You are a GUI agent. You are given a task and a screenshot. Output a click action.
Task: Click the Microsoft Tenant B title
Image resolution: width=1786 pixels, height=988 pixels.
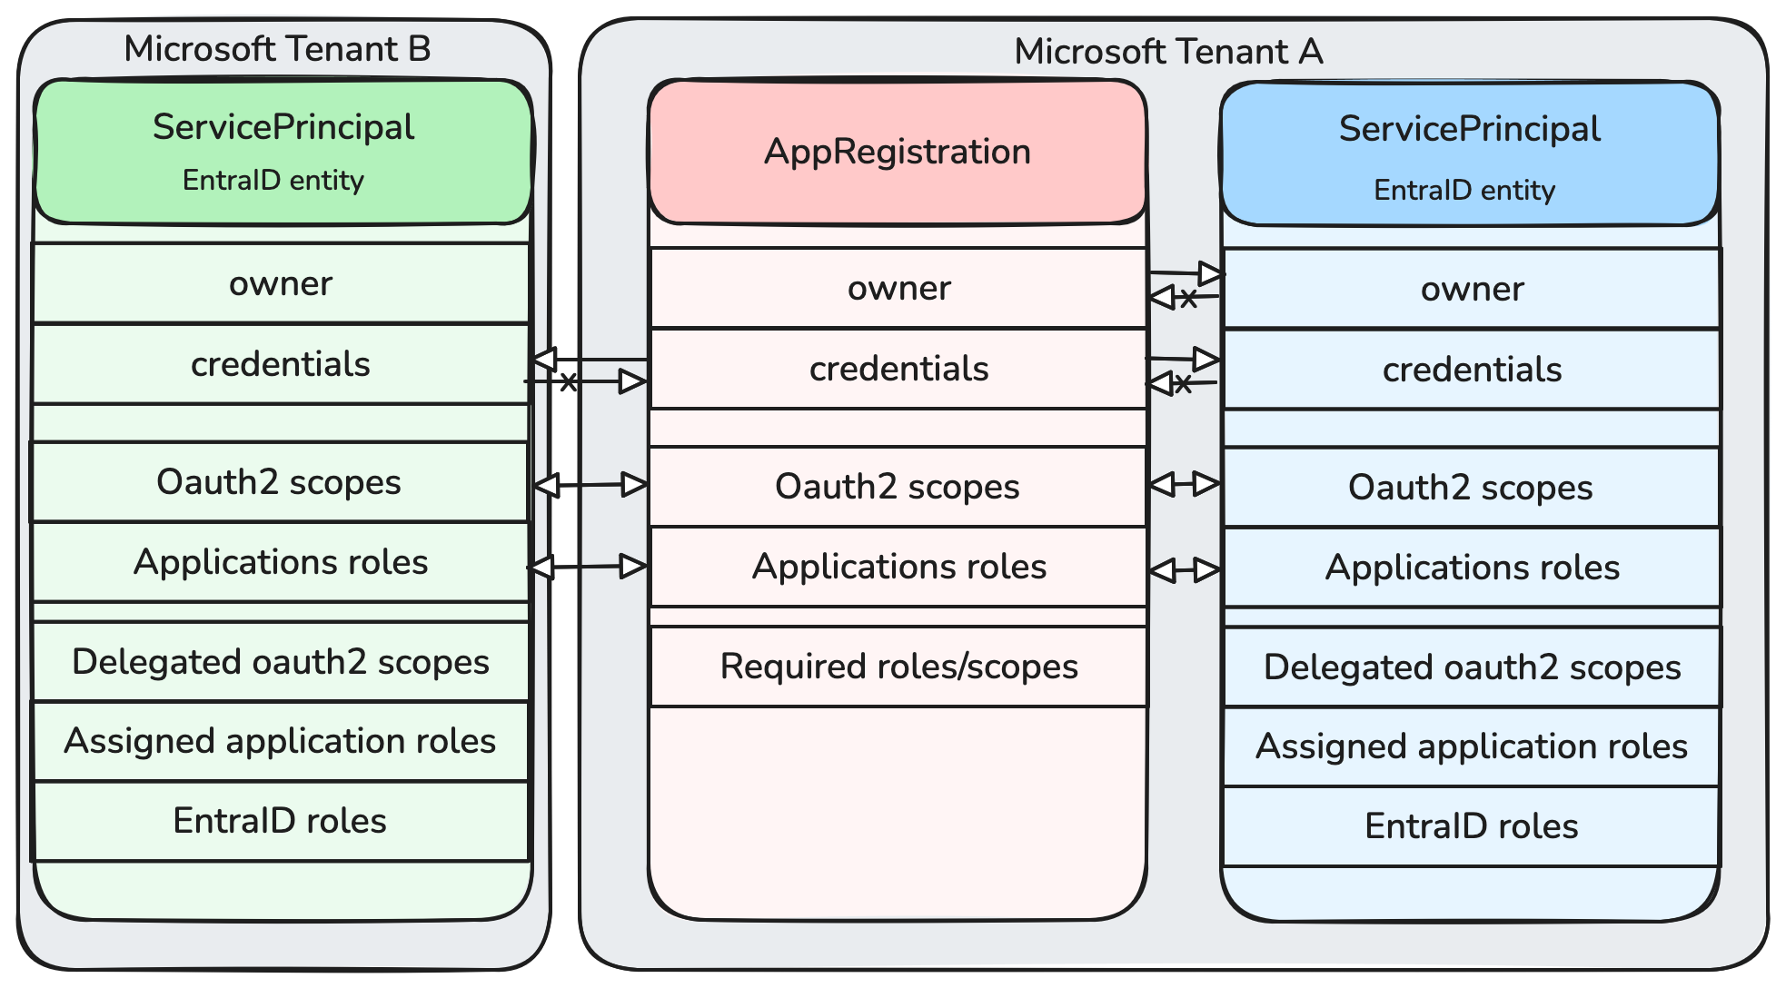(x=277, y=49)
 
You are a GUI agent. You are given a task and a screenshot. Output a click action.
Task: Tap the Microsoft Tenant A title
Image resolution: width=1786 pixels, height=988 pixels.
(x=1168, y=52)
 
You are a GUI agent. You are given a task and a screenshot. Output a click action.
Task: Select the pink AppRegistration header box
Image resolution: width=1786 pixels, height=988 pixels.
(x=898, y=152)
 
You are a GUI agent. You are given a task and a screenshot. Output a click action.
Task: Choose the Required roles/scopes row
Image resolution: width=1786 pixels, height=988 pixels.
(x=898, y=667)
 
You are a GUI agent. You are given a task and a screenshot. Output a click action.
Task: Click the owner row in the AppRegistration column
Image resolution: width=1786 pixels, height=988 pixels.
(x=898, y=288)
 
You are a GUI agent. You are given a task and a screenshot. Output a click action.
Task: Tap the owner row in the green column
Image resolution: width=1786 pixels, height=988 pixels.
(x=281, y=283)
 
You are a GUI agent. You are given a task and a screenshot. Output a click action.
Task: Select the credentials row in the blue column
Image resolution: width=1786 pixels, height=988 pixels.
(x=1472, y=370)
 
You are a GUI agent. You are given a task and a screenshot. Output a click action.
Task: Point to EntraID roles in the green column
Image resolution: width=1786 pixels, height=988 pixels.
(x=280, y=821)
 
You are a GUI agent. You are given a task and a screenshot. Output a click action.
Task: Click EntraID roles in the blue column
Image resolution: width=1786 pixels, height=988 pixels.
(x=1471, y=826)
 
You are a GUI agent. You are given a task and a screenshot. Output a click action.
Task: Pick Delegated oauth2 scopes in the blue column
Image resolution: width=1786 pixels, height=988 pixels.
(x=1472, y=667)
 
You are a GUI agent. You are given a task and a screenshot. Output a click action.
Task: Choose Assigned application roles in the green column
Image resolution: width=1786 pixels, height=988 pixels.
(x=280, y=741)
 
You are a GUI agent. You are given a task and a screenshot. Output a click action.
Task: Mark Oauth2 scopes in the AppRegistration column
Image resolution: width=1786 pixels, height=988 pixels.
(x=898, y=487)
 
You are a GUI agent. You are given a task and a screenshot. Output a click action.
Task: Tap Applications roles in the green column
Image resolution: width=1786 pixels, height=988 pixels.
(x=281, y=562)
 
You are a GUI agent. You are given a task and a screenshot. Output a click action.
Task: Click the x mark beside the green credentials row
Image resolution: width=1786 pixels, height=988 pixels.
(x=569, y=381)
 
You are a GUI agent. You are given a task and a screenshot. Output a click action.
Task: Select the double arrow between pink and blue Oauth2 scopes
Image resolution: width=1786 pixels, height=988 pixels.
(x=1185, y=484)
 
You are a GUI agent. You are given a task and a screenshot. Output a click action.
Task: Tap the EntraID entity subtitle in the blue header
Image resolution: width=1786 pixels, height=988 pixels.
(x=1464, y=190)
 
